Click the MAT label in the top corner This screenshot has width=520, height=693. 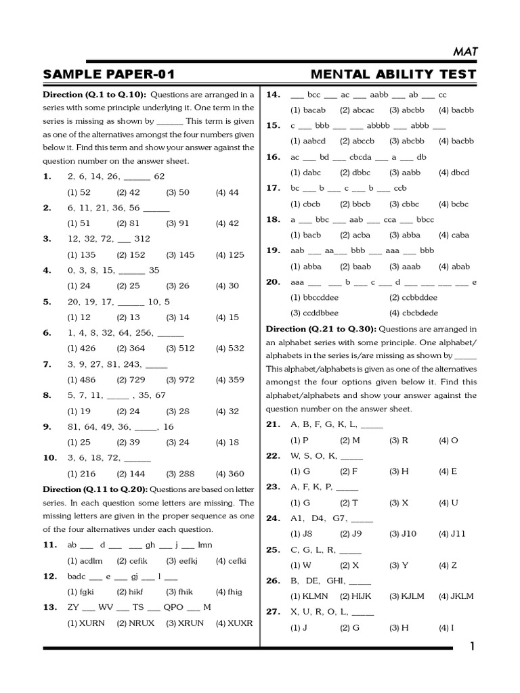[x=462, y=51]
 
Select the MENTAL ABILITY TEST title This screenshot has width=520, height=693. [x=393, y=74]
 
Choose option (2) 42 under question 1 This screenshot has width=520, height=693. [x=128, y=192]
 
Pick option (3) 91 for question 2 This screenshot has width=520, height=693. [x=177, y=223]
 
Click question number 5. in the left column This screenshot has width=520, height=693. [x=47, y=302]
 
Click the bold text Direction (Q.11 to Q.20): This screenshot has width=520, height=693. [x=95, y=489]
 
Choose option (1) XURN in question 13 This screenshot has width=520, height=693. [x=85, y=623]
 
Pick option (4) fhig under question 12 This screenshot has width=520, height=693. [x=229, y=591]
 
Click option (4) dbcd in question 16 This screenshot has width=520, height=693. [x=454, y=173]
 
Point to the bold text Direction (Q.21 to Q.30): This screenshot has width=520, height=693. [x=321, y=329]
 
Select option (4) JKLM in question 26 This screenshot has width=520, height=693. [x=456, y=596]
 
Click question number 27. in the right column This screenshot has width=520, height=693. [x=273, y=612]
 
